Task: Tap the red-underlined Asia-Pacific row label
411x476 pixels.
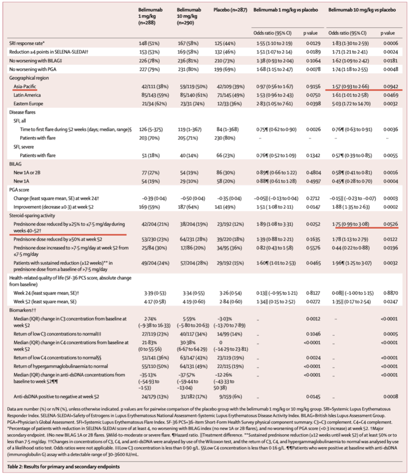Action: (27, 86)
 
